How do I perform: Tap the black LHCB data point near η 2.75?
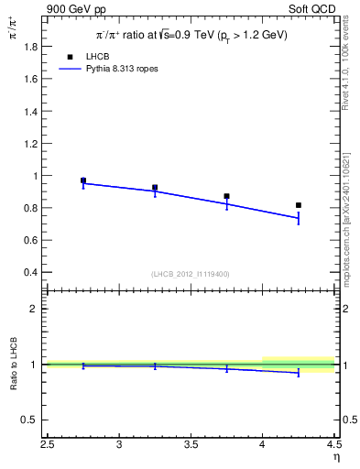[x=83, y=180]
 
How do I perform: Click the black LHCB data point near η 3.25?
[x=155, y=187]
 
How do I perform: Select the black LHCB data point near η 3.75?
[x=226, y=196]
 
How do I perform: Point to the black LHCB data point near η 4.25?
[x=299, y=205]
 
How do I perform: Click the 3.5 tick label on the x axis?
[x=191, y=445]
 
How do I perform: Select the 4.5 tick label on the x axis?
[x=333, y=445]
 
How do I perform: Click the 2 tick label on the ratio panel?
[x=35, y=309]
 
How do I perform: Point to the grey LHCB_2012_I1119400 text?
[x=191, y=274]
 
